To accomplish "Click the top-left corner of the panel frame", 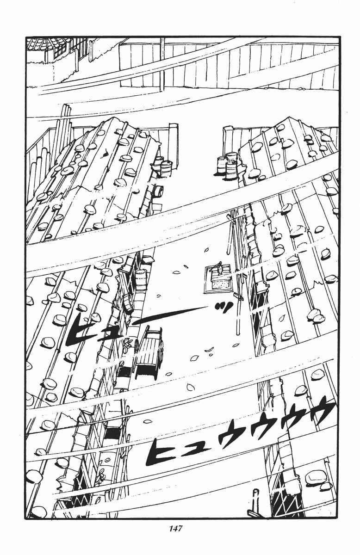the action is coord(26,37).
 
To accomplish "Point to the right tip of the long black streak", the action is coord(206,307).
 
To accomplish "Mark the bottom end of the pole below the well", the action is coord(238,334).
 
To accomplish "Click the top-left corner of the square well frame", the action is coord(205,267).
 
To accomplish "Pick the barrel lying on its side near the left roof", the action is coord(158,191).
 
